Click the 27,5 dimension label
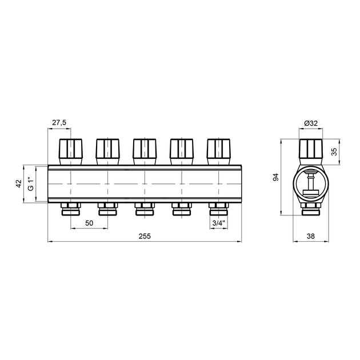(59, 123)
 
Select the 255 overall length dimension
(145, 236)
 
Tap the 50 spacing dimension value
(89, 223)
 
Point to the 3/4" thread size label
(218, 223)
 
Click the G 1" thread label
(31, 183)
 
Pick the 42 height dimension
(18, 183)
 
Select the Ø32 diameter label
(311, 123)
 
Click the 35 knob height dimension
(334, 151)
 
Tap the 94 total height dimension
(275, 177)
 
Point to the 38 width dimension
(311, 236)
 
